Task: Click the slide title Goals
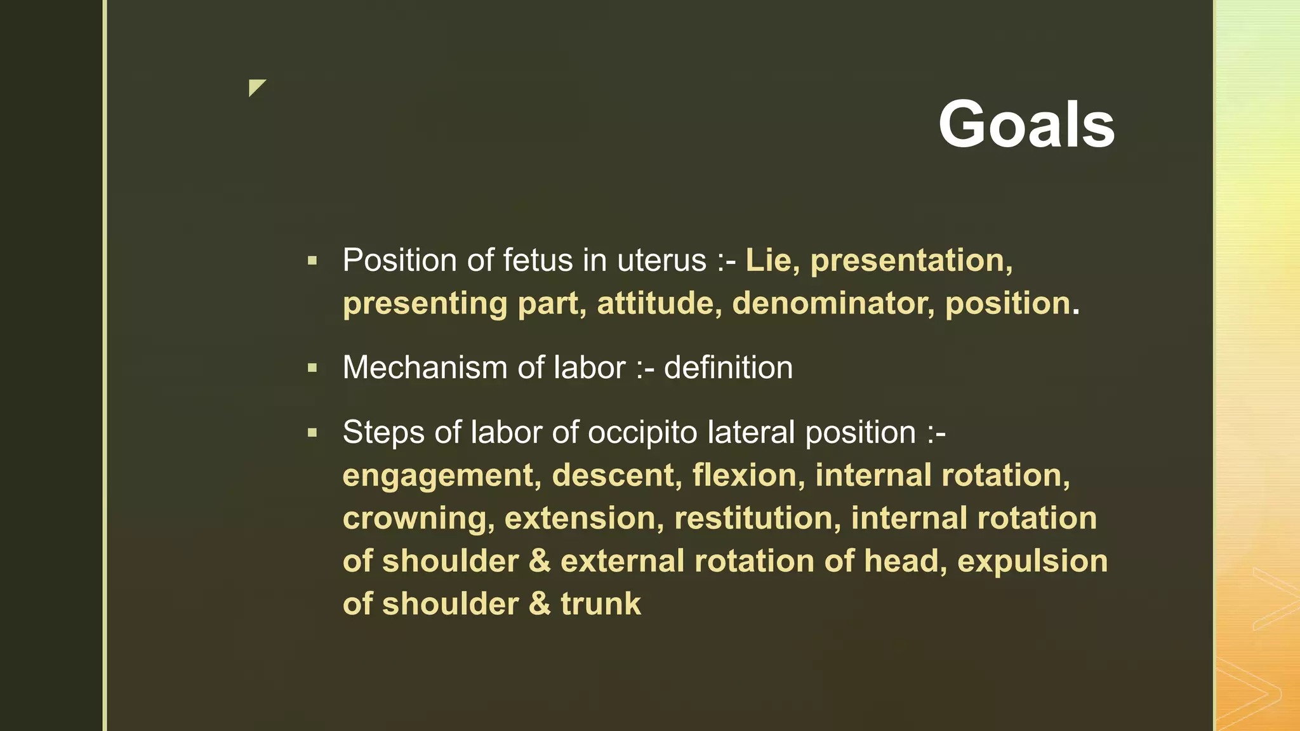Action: tap(1026, 124)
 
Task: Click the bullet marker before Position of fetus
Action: tap(312, 260)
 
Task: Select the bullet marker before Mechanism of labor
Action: tap(312, 367)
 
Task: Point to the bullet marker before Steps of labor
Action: tap(312, 433)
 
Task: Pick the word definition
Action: tap(728, 368)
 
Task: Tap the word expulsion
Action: tap(1032, 562)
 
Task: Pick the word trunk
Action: tap(600, 604)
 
